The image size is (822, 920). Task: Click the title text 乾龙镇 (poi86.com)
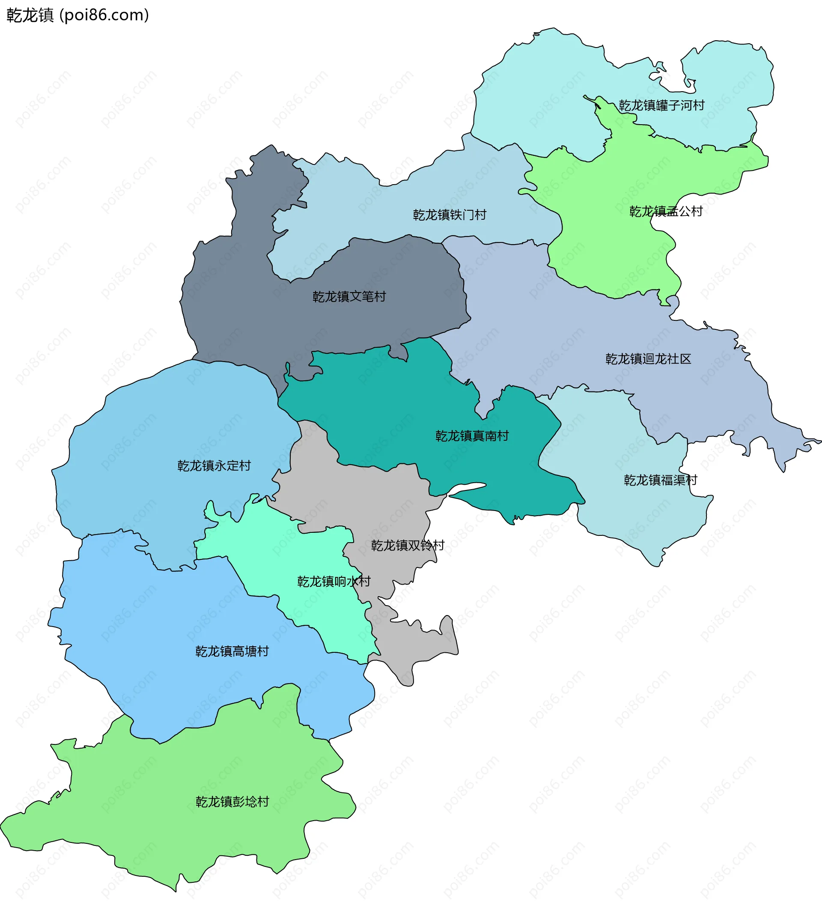(77, 15)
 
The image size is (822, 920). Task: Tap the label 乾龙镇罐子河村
(661, 105)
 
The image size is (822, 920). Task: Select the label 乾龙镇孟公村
(666, 211)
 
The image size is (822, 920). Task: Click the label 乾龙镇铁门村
(450, 215)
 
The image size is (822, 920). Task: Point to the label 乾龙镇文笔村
(349, 296)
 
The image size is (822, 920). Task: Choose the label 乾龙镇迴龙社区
(648, 359)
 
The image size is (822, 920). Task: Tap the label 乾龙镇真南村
(472, 436)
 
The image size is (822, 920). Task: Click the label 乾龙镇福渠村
(660, 480)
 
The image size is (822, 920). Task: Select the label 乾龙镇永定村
(214, 466)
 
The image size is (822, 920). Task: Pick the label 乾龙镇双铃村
(408, 545)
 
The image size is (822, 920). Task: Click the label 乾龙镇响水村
(334, 581)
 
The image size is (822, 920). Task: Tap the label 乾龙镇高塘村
(232, 651)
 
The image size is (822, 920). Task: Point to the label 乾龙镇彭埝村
(232, 802)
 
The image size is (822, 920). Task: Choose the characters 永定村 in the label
(232, 466)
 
